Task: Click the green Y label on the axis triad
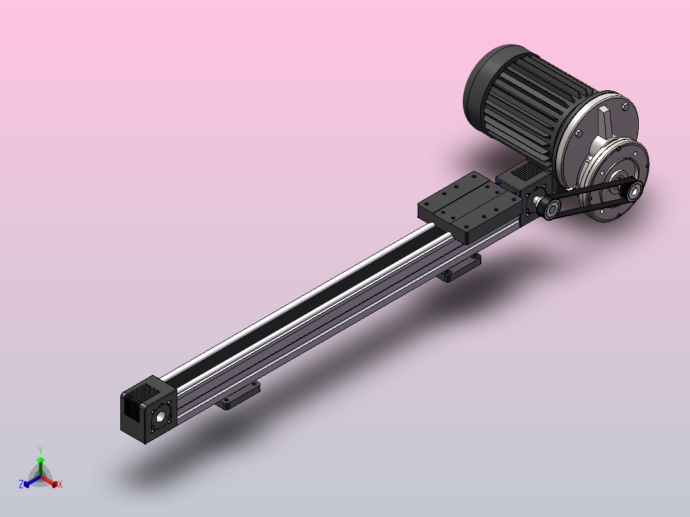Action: click(40, 450)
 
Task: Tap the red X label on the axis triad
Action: click(60, 484)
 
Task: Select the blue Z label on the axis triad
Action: click(20, 484)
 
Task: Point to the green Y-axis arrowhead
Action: click(40, 460)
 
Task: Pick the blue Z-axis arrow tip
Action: click(26, 484)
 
